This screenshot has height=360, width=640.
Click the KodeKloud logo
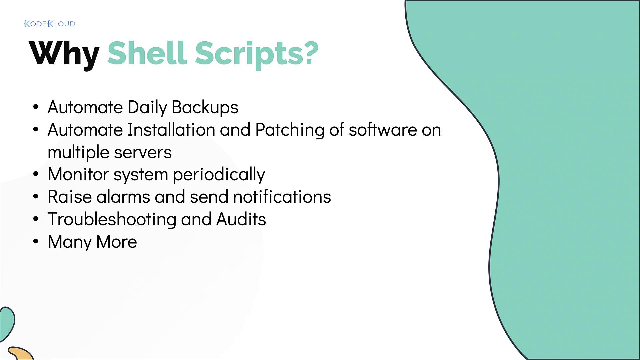[50, 24]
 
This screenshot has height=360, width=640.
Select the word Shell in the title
[147, 52]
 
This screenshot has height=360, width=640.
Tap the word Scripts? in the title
[257, 54]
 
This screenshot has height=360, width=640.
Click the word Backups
[205, 108]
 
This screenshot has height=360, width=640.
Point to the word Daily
[147, 108]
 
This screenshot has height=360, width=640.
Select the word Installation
[171, 129]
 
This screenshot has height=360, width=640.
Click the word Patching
[290, 130]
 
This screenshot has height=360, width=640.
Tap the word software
[383, 129]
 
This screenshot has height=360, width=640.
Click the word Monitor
[78, 174]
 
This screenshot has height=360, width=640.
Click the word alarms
[123, 197]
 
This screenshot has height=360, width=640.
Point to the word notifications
[282, 197]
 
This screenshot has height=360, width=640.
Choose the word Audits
[241, 219]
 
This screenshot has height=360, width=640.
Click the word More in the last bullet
[116, 242]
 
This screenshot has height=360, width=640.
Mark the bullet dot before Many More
[36, 241]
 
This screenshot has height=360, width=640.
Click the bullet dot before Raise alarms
[36, 197]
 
